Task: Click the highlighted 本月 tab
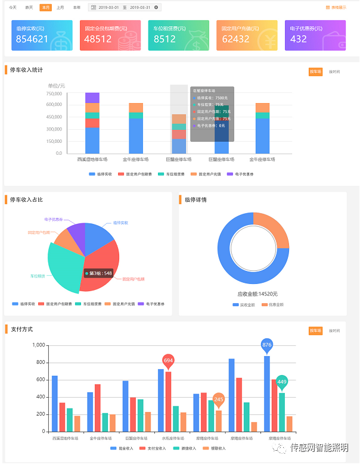point(45,8)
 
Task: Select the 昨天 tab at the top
point(29,8)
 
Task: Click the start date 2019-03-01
point(108,8)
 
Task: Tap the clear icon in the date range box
point(156,8)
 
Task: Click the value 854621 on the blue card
point(32,39)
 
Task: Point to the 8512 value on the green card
point(165,39)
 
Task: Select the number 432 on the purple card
point(298,39)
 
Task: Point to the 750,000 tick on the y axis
point(54,93)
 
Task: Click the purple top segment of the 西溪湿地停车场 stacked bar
point(92,98)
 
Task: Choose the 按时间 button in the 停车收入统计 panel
point(334,71)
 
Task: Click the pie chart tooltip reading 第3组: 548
point(99,273)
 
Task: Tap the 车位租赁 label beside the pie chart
point(39,276)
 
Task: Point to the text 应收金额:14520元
point(257,294)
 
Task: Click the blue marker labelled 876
point(266,345)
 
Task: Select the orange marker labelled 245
point(218,400)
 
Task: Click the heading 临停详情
point(196,200)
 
